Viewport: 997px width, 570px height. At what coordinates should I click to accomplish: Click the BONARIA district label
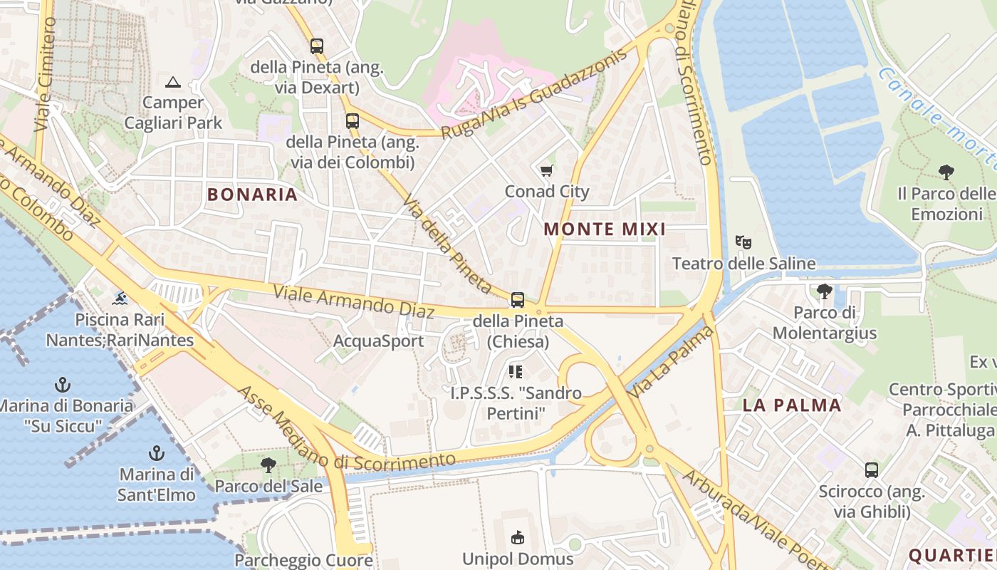click(x=252, y=194)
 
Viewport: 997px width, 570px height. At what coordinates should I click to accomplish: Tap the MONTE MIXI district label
click(x=605, y=229)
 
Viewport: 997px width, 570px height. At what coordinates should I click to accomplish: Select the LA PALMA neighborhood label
click(x=792, y=405)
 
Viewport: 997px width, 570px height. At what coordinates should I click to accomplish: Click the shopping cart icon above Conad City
click(x=547, y=171)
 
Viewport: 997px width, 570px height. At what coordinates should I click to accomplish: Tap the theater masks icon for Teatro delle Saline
click(x=743, y=242)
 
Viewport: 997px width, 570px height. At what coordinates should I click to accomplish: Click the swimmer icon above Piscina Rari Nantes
click(x=120, y=298)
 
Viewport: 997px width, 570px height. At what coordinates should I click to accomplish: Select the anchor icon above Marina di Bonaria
click(x=63, y=385)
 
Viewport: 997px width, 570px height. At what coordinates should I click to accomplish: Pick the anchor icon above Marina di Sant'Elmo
click(x=156, y=453)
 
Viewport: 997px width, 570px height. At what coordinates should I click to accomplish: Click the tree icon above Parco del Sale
click(x=268, y=466)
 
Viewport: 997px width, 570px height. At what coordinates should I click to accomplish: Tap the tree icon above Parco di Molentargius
click(x=825, y=291)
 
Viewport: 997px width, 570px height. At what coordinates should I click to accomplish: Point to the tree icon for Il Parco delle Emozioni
click(x=946, y=172)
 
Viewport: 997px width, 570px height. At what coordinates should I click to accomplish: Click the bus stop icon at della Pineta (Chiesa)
click(x=518, y=300)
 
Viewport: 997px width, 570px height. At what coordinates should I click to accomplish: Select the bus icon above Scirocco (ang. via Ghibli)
click(x=872, y=470)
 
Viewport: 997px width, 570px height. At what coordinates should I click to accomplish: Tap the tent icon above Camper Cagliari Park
click(x=173, y=82)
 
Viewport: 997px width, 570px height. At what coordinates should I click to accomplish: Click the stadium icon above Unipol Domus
click(x=518, y=537)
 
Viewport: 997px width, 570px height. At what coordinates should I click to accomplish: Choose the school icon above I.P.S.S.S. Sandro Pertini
click(x=516, y=371)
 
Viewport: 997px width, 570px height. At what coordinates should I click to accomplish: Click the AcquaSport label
click(x=379, y=341)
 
